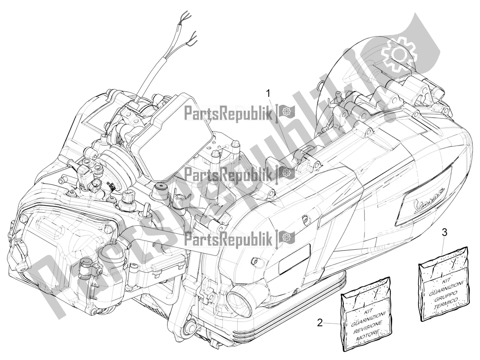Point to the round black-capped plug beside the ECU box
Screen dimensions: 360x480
click(x=161, y=187)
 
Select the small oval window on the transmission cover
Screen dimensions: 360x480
click(x=294, y=259)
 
